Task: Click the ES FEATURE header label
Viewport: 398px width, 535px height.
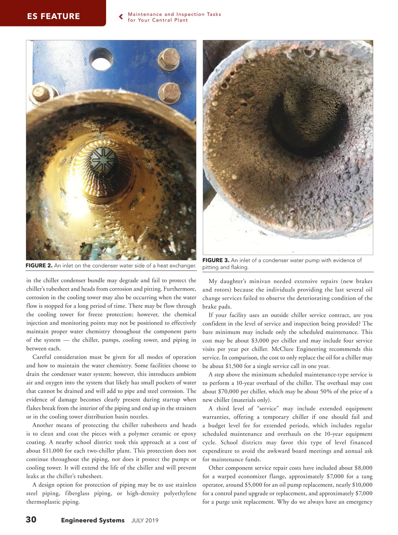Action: point(53,16)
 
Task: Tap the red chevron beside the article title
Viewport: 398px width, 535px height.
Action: point(121,17)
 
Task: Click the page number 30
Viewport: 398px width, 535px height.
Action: point(31,519)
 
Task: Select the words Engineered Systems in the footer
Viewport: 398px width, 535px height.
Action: point(93,520)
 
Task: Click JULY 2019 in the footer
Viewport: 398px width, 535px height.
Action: point(145,520)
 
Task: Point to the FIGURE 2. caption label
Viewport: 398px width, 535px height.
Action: point(39,265)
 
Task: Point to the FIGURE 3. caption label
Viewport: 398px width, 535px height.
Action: point(216,260)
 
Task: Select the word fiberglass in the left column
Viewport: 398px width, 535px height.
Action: point(77,493)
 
